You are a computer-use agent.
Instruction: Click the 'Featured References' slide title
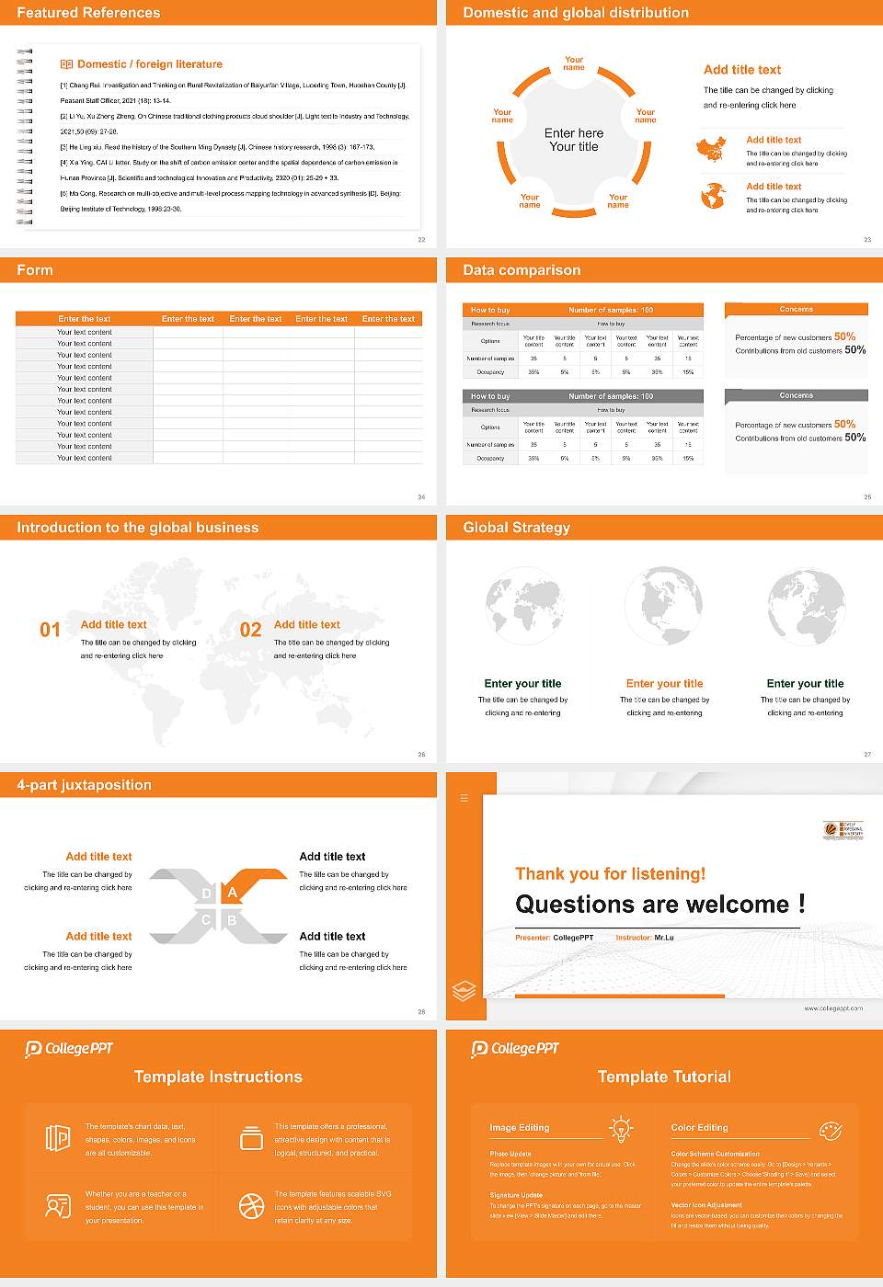pos(88,13)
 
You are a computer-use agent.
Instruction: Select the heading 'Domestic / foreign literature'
pos(149,64)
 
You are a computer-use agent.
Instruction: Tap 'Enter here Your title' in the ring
pos(574,140)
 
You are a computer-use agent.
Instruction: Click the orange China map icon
pos(711,149)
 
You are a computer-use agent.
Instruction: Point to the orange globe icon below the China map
pos(713,196)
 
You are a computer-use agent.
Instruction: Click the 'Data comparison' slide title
pos(522,270)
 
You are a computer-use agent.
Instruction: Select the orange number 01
pos(50,630)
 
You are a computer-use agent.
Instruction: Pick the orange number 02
pos(250,630)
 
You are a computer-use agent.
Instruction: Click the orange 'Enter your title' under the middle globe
pos(664,683)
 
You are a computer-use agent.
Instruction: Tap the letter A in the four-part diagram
pos(233,893)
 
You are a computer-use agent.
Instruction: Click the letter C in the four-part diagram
pos(206,920)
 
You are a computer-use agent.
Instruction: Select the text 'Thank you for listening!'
pos(610,873)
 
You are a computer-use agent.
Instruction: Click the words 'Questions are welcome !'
pos(659,905)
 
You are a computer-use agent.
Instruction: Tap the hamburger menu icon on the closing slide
pos(464,798)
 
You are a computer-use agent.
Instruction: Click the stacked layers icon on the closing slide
pos(464,991)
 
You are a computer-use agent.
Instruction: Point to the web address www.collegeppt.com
pos(832,1008)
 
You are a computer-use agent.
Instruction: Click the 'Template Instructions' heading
pos(218,1076)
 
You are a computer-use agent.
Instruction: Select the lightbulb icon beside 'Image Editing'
pos(621,1128)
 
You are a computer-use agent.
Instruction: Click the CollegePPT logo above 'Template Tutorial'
pos(515,1049)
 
